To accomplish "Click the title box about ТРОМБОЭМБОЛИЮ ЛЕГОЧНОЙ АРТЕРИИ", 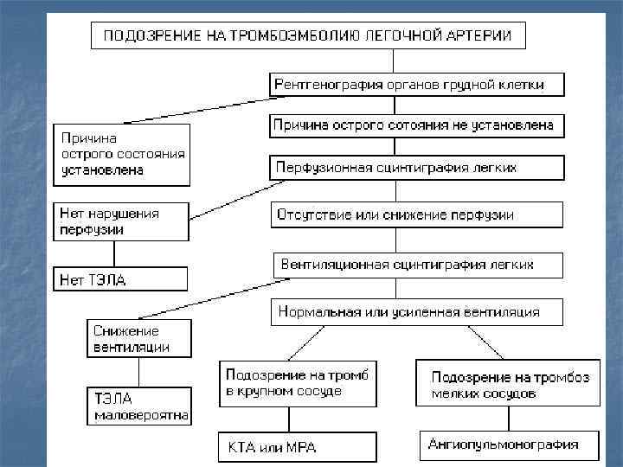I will (308, 36).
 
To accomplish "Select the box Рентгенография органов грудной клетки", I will (417, 84).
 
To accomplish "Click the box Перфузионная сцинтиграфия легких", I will (417, 168).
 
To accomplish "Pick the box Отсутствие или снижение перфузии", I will (417, 214).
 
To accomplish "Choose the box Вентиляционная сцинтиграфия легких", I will (417, 265).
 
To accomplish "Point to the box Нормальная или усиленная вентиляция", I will (417, 312).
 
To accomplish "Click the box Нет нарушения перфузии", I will (121, 222).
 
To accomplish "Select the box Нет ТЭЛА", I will (120, 279).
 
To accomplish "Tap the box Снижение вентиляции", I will (138, 339).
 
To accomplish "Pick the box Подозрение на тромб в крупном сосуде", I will (298, 383).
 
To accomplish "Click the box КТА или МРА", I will (297, 447).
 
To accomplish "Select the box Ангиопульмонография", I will (509, 445).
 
